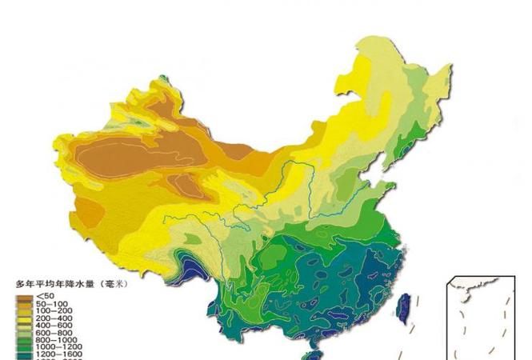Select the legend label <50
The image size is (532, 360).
(45, 297)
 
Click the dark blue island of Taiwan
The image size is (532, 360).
(405, 307)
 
